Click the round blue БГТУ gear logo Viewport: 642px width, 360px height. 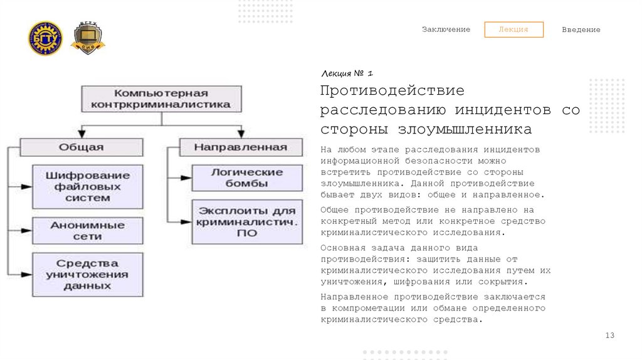tap(45, 38)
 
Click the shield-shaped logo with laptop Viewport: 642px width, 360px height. tap(87, 38)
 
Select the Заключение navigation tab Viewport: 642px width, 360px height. tap(446, 29)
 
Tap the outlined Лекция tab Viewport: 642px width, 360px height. tap(513, 29)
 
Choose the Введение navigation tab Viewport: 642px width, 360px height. tap(581, 29)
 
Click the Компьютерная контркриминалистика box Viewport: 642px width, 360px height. tap(161, 98)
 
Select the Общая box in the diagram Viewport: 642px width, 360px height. tap(82, 147)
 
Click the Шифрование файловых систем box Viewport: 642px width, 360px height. tap(88, 186)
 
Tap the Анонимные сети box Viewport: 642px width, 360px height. tap(88, 230)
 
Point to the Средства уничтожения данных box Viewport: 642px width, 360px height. tap(88, 274)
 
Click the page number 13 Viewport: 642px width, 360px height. tap(609, 336)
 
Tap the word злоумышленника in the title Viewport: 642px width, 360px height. tap(464, 130)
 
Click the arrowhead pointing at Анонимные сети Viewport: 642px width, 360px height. tap(26, 230)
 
